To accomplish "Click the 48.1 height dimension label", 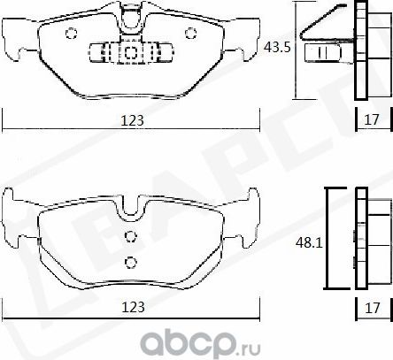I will [306, 239].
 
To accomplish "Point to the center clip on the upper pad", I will [129, 52].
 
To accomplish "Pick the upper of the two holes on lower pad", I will [130, 235].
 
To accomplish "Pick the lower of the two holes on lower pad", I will [130, 261].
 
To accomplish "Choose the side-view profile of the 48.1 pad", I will [360, 239].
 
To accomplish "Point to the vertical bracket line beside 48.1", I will [328, 239].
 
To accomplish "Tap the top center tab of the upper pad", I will [129, 12].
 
